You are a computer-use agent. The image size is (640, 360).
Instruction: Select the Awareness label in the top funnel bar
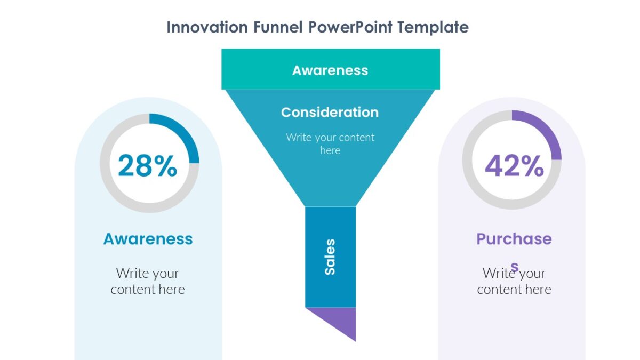click(330, 70)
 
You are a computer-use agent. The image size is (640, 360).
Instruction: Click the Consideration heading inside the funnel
click(330, 113)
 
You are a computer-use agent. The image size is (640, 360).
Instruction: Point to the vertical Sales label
click(330, 257)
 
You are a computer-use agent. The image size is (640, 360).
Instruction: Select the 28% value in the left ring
click(147, 165)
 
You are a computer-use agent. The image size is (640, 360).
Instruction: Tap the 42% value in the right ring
click(514, 165)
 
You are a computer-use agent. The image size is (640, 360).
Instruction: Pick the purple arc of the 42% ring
click(547, 131)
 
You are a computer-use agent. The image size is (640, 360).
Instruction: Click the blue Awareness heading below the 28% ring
click(148, 239)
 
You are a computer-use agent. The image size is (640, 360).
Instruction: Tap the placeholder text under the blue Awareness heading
click(148, 281)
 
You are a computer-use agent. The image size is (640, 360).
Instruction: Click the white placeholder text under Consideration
click(330, 144)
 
